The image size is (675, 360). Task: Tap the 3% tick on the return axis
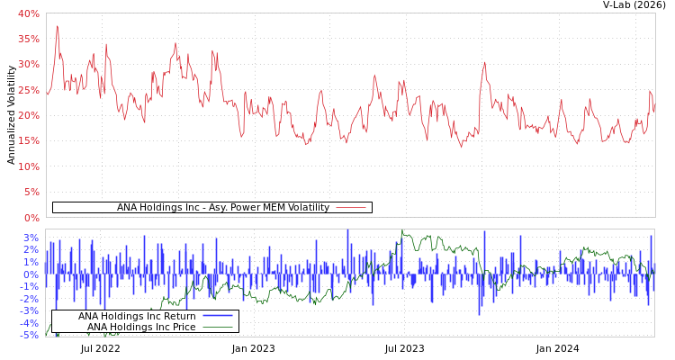[x=31, y=238]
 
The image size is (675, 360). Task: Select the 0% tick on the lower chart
[x=31, y=274]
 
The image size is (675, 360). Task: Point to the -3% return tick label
[x=30, y=310]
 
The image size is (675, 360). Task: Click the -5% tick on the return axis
[x=30, y=335]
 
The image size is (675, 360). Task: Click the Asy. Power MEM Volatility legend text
[x=223, y=208]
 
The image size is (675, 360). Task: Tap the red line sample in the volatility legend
[x=350, y=208]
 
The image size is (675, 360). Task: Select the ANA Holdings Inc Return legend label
[x=137, y=316]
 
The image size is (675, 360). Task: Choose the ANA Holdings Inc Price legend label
[x=141, y=327]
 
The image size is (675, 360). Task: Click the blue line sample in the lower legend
[x=218, y=316]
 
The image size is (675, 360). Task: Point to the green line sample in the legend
[x=218, y=327]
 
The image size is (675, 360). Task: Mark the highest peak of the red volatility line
[x=58, y=26]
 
